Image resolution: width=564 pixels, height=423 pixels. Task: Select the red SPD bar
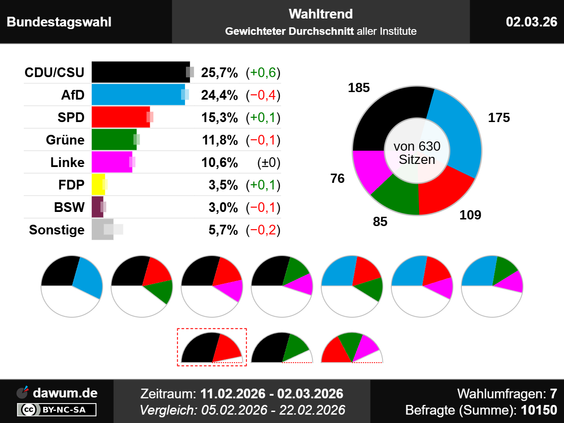120,117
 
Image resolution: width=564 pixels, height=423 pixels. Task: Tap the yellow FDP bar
98,185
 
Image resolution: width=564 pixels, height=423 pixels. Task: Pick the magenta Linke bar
111,162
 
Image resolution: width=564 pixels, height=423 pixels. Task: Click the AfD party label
73,95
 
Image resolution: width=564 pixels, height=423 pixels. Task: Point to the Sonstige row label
57,230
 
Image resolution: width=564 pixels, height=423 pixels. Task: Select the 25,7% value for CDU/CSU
219,73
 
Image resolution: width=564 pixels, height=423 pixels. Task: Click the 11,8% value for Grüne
220,140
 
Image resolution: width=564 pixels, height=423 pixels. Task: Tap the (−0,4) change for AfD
263,95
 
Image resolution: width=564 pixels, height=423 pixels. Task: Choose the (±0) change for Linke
268,163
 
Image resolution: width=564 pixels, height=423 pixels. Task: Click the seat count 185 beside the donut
359,88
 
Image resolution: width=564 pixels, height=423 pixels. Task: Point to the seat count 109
470,215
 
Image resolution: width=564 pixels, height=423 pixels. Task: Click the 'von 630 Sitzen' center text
417,152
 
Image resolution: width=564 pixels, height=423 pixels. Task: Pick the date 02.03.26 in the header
531,22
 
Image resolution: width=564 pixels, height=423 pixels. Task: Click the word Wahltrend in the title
321,14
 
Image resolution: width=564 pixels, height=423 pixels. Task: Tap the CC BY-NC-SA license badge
57,410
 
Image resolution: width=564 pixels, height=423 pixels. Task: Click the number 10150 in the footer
539,410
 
